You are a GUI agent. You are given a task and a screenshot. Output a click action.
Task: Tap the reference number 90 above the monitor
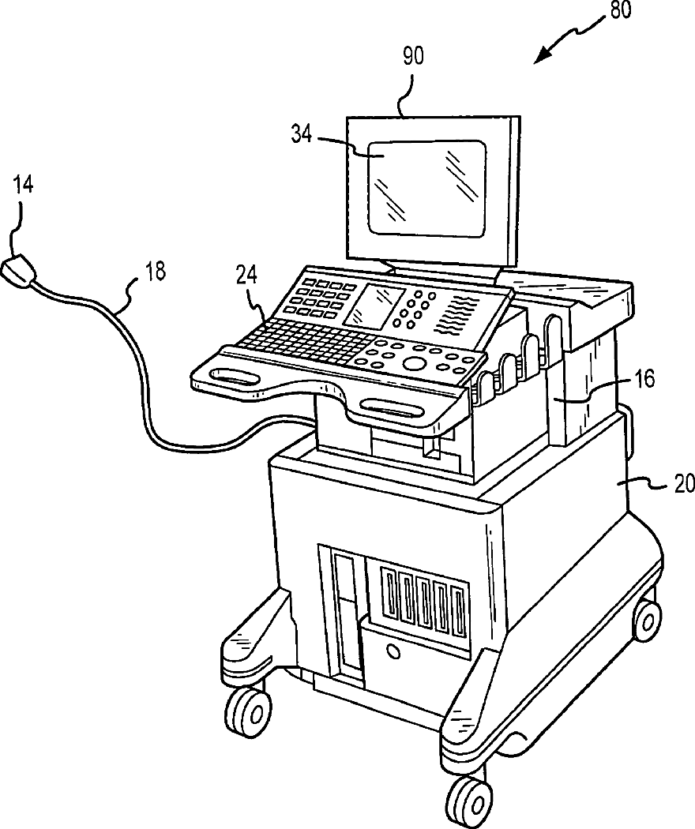click(x=413, y=56)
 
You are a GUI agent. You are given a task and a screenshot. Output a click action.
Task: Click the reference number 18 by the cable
click(x=155, y=271)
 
